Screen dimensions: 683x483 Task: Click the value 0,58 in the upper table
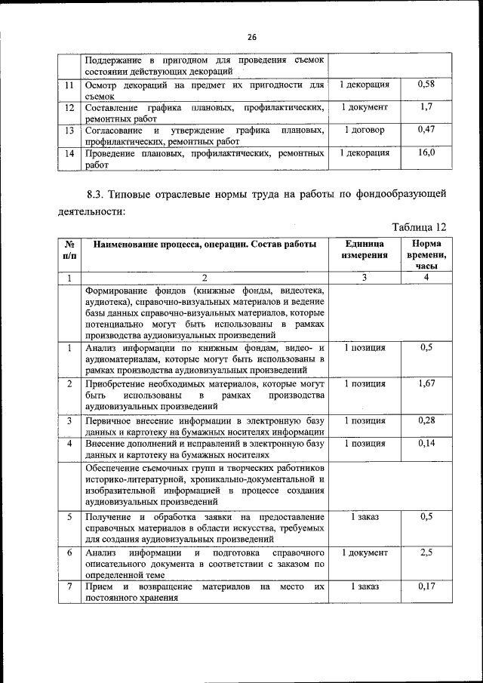426,85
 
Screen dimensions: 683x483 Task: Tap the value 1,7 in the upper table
426,107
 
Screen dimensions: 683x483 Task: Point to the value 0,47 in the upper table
426,130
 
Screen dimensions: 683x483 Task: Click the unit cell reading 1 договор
365,130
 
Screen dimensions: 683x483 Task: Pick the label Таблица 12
420,226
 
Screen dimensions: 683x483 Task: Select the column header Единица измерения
365,250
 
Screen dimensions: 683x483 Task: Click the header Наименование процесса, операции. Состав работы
205,245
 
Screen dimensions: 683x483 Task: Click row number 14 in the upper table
69,152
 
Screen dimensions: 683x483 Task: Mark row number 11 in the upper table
69,85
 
